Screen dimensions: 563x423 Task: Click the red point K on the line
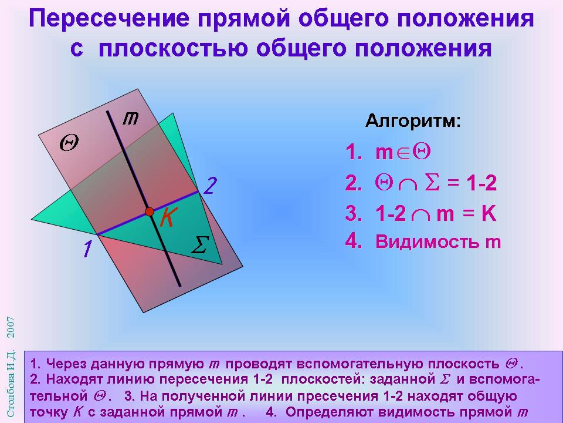coord(150,211)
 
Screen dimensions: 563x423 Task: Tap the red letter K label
coord(167,217)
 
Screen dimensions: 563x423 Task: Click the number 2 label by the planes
coord(210,186)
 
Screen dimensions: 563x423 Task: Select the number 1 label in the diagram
coord(87,249)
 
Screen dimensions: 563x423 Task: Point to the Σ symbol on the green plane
coord(200,245)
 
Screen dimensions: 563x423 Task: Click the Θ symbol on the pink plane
coord(69,143)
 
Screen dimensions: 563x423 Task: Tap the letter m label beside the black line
coord(131,118)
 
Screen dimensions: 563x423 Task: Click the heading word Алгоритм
coord(413,121)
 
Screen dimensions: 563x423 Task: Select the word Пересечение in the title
coord(109,19)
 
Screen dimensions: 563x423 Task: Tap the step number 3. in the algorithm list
coord(354,213)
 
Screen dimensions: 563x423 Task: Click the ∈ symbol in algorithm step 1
coord(403,153)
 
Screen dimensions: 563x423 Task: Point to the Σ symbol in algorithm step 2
coord(432,183)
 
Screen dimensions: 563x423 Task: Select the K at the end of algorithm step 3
coord(489,213)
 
